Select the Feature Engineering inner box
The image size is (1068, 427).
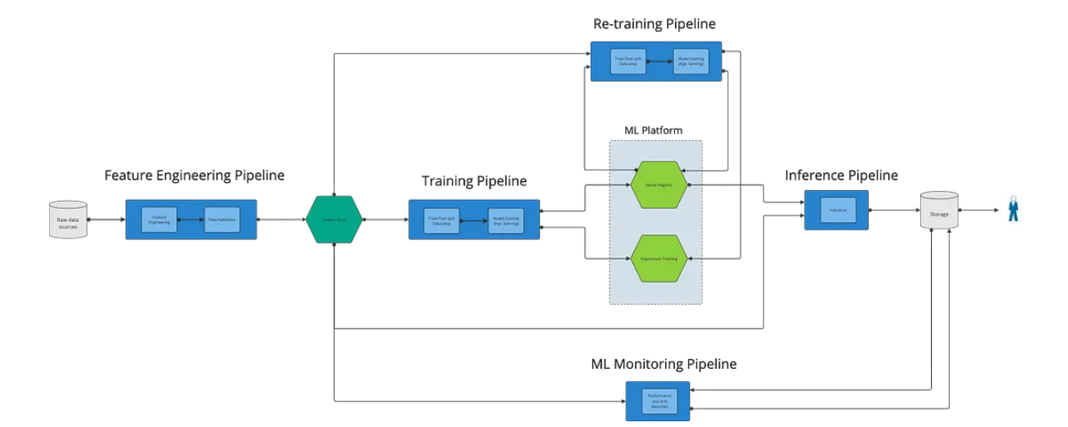click(x=160, y=220)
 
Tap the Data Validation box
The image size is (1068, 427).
click(x=221, y=220)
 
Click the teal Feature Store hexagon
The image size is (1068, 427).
click(x=334, y=220)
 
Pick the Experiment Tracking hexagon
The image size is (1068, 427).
click(x=660, y=258)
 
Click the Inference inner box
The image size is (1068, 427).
click(x=838, y=210)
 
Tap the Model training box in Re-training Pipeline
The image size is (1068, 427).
click(x=691, y=61)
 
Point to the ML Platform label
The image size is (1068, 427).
click(x=653, y=130)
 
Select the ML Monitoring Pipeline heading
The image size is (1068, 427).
click(x=664, y=363)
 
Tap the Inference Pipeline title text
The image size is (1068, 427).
click(x=841, y=175)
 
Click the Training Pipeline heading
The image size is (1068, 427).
click(x=474, y=180)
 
